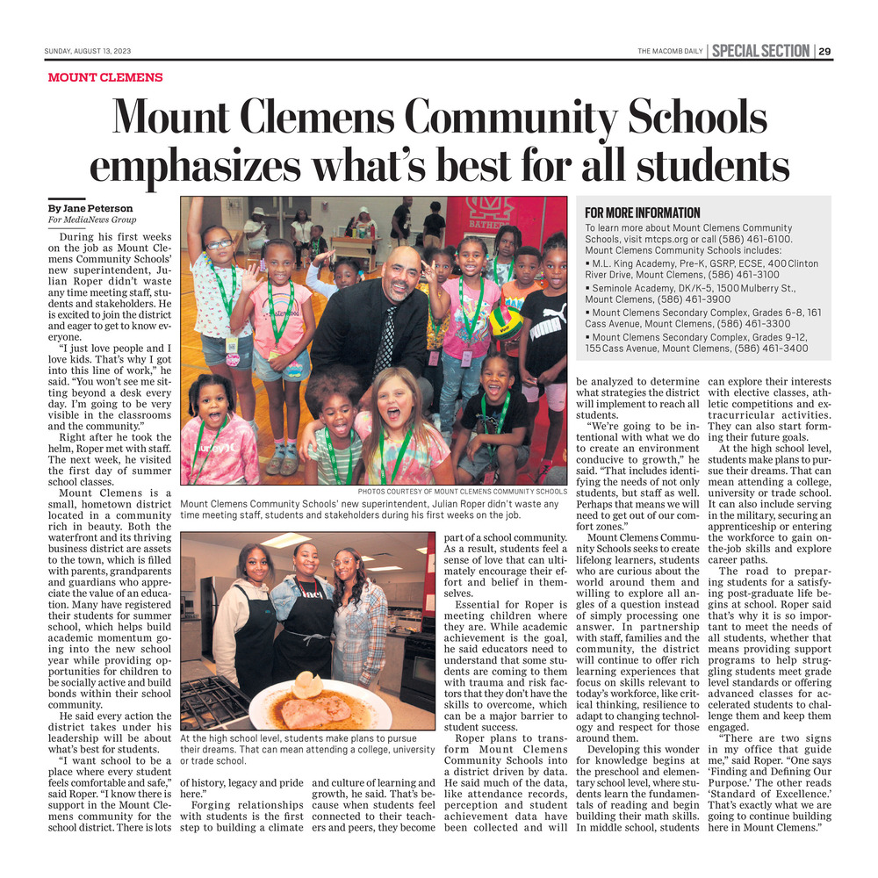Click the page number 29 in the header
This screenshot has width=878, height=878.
click(x=825, y=51)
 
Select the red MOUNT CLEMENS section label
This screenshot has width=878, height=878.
click(x=105, y=77)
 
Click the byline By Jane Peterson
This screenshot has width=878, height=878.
click(x=90, y=208)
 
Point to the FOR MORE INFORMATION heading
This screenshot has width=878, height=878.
click(x=643, y=212)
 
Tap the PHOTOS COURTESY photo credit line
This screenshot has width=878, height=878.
click(x=462, y=492)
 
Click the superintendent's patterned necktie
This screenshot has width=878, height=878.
click(x=385, y=339)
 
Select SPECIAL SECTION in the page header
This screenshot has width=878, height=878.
click(x=760, y=51)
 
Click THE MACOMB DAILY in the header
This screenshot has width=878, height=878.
click(x=670, y=51)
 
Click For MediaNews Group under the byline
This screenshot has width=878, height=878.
click(x=92, y=219)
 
